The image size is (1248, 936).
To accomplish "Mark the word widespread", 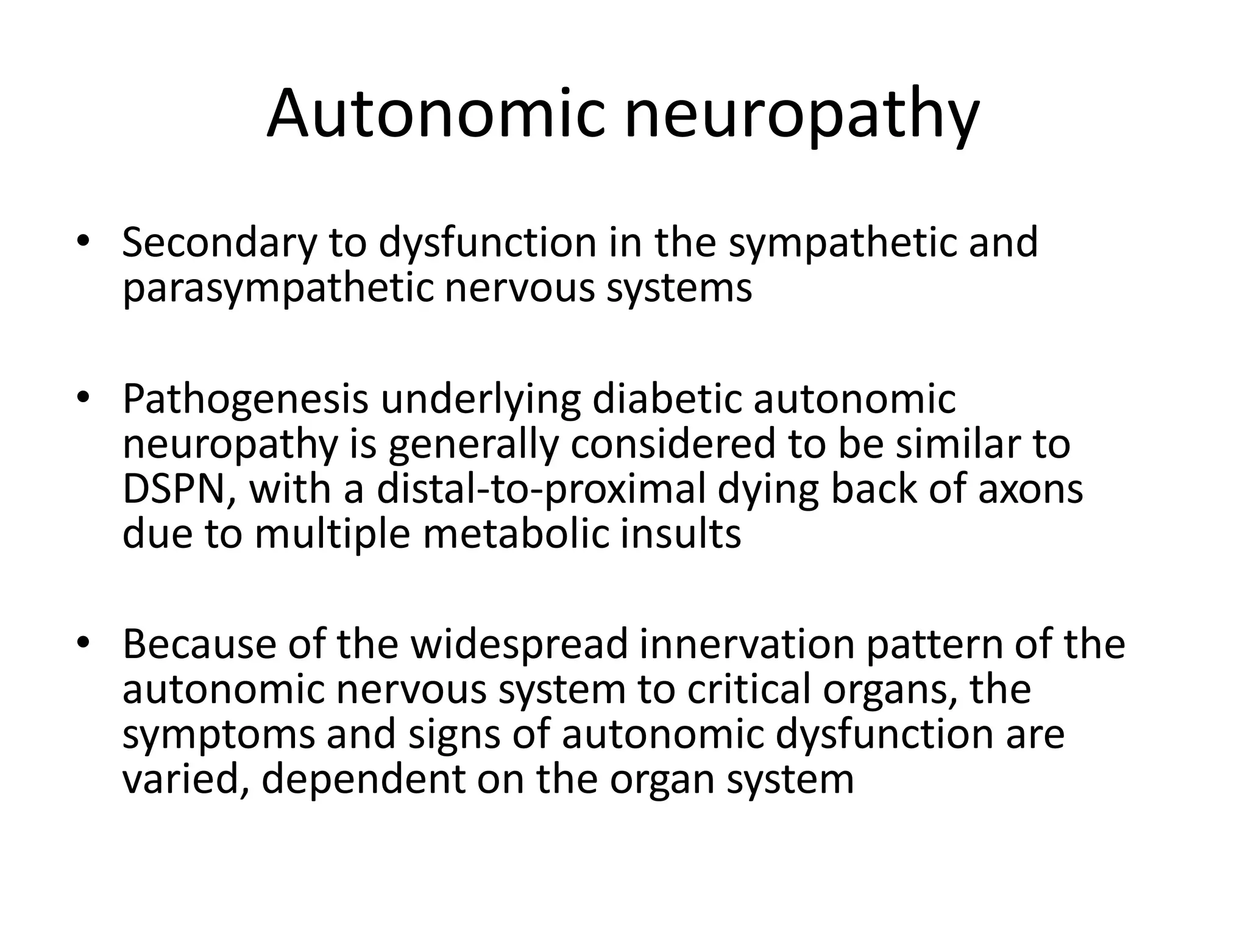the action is (x=519, y=644).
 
